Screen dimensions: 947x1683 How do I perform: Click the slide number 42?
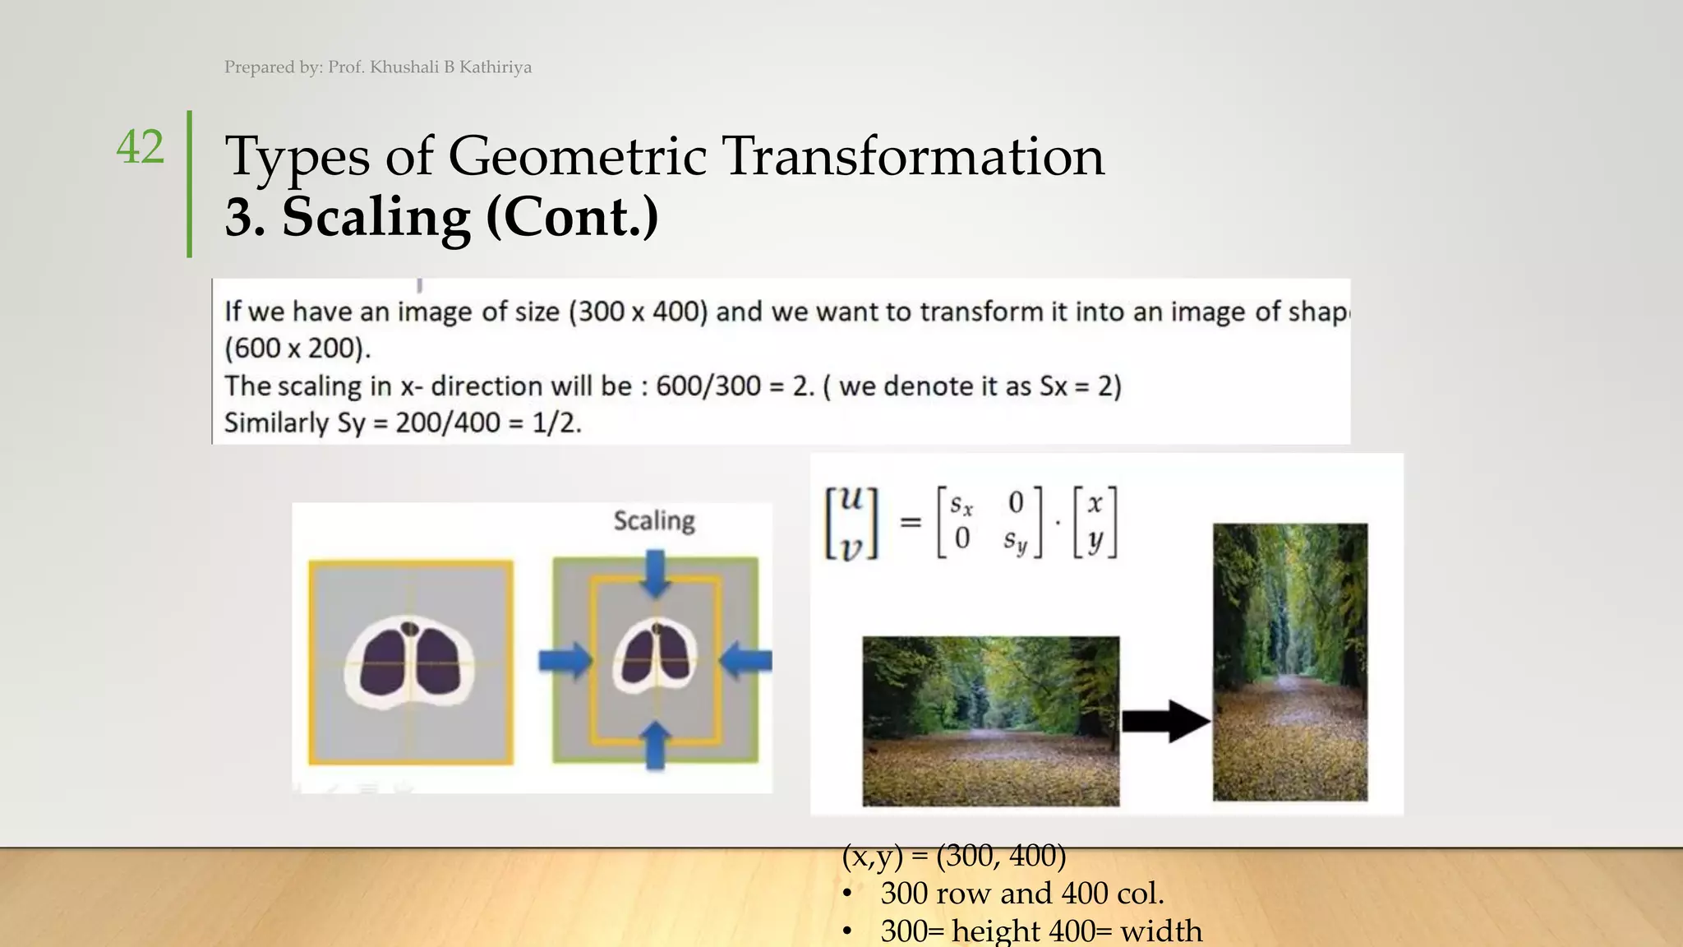tap(141, 148)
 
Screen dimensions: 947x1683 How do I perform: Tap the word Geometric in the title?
tap(576, 156)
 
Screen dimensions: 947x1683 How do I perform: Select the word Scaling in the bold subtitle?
tap(376, 218)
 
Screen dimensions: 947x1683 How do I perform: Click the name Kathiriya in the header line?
tap(495, 67)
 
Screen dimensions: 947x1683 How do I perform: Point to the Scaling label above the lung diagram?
tap(654, 521)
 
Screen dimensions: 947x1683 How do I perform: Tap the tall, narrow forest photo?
tap(1290, 662)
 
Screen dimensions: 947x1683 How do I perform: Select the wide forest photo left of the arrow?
tap(990, 720)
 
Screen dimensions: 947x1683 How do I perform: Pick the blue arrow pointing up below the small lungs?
tap(655, 745)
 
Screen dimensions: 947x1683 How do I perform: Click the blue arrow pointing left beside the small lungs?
tap(747, 660)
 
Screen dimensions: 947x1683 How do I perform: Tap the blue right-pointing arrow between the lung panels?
tap(565, 660)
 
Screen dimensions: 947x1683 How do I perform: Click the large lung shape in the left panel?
tap(410, 662)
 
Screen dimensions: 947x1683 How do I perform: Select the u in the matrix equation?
tap(852, 499)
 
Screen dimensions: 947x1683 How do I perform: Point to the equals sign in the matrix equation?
tap(910, 522)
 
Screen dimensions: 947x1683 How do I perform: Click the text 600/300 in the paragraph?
tap(708, 386)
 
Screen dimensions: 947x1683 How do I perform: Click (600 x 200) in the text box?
tap(297, 349)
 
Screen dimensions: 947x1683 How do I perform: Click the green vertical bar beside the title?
tap(190, 184)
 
